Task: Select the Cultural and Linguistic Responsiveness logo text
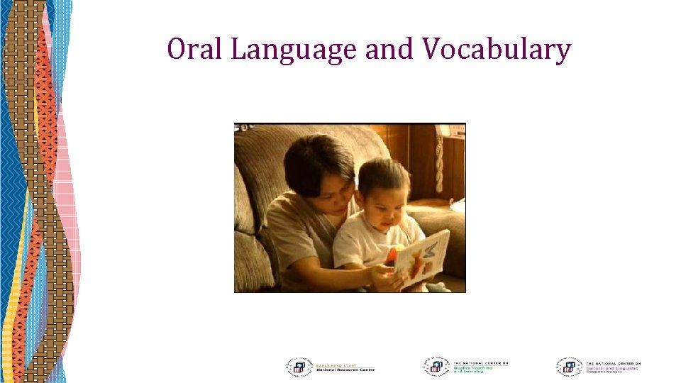pos(612,367)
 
